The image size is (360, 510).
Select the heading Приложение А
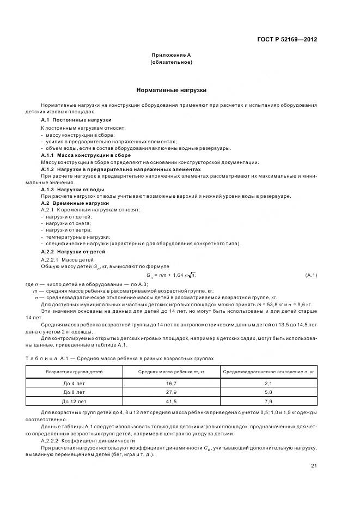(x=171, y=55)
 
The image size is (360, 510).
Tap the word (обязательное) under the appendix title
(x=171, y=62)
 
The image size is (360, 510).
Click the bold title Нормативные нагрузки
(x=171, y=90)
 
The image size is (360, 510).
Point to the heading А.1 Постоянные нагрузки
(x=76, y=119)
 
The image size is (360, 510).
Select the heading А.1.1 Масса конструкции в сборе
(x=83, y=155)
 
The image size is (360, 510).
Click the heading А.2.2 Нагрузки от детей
(x=74, y=252)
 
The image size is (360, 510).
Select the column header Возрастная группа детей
(x=74, y=372)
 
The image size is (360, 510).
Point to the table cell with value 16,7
(x=171, y=384)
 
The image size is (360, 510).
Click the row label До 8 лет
(x=74, y=392)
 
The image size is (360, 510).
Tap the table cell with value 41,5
(x=171, y=401)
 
